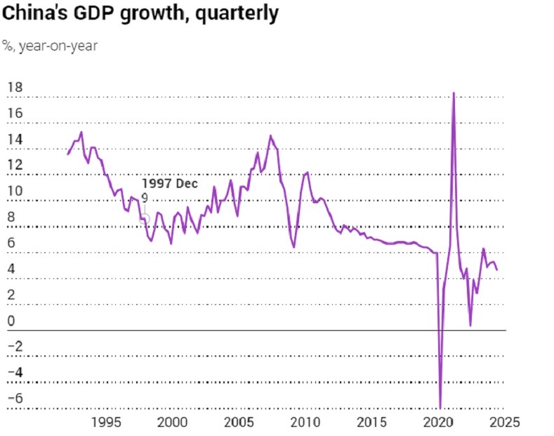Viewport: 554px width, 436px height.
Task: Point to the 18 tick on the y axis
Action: click(14, 88)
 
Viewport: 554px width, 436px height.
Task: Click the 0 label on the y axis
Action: click(11, 322)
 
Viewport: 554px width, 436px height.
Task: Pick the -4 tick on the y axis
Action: click(14, 373)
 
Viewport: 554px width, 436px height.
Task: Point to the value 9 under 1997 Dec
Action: click(144, 198)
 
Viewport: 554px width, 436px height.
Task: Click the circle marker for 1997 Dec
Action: click(145, 218)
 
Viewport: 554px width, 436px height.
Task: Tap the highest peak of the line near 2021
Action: click(454, 93)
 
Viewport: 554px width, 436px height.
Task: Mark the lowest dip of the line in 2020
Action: click(440, 407)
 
